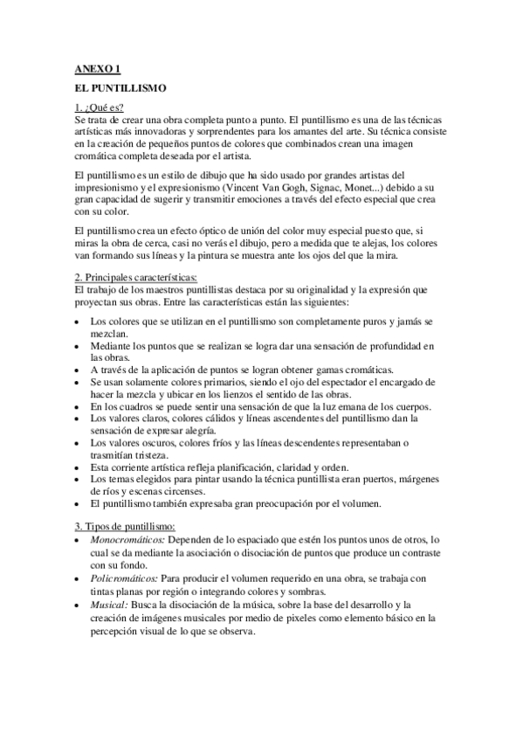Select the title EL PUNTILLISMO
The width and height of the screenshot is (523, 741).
(120, 88)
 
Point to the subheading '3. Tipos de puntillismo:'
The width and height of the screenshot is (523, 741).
(126, 526)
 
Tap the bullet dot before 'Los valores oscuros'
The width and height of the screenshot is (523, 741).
(79, 444)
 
